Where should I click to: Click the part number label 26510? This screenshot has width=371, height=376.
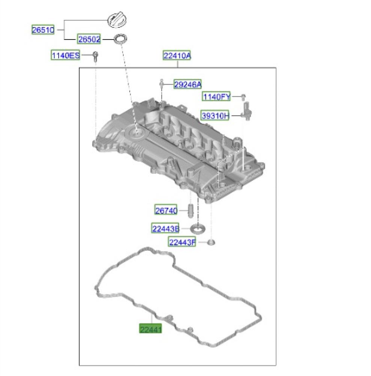pyautogui.click(x=43, y=30)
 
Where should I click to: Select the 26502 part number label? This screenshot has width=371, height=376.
pyautogui.click(x=89, y=39)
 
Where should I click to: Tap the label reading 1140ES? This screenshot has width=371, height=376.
pyautogui.click(x=65, y=55)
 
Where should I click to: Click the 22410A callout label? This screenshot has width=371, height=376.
pyautogui.click(x=177, y=55)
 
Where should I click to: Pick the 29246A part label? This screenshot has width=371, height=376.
pyautogui.click(x=187, y=84)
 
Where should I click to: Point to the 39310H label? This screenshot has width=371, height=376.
pyautogui.click(x=215, y=115)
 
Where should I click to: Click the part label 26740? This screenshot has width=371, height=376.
pyautogui.click(x=166, y=210)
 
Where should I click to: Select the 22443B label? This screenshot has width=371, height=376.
pyautogui.click(x=165, y=229)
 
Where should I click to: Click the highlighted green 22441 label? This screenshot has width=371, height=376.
pyautogui.click(x=151, y=329)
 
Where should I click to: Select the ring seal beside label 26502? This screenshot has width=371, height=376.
pyautogui.click(x=121, y=39)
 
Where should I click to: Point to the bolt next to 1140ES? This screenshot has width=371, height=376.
pyautogui.click(x=95, y=56)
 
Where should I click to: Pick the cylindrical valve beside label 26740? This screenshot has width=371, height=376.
pyautogui.click(x=191, y=211)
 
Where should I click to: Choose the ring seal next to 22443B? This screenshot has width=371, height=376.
pyautogui.click(x=198, y=229)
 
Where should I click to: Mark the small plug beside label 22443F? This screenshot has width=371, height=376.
pyautogui.click(x=211, y=242)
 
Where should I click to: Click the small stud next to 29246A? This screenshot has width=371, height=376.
pyautogui.click(x=161, y=83)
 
